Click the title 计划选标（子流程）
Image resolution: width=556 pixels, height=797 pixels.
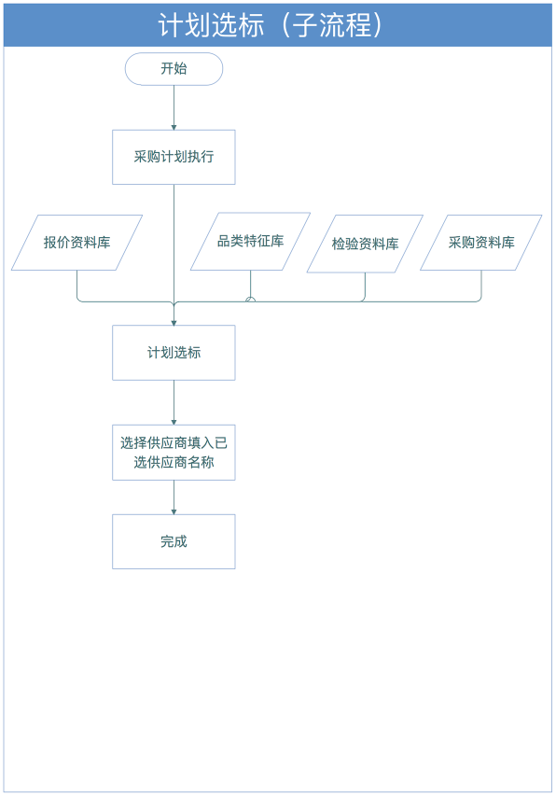(x=270, y=25)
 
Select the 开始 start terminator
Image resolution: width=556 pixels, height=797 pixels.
(x=174, y=69)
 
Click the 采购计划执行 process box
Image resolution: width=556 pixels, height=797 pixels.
(x=174, y=157)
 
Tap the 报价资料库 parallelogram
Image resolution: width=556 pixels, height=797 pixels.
(x=76, y=243)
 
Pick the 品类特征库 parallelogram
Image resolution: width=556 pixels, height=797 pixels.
(x=250, y=241)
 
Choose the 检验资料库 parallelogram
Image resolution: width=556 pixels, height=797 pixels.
(x=365, y=244)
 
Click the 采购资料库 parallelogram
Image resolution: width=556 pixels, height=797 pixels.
(x=480, y=243)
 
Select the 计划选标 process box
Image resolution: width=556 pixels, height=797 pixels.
(x=174, y=353)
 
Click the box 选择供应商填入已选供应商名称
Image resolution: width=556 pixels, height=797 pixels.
(x=174, y=453)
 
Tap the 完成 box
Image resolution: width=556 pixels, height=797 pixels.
(x=174, y=541)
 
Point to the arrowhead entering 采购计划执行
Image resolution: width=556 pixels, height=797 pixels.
(x=174, y=127)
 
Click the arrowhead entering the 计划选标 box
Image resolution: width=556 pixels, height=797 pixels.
(x=174, y=323)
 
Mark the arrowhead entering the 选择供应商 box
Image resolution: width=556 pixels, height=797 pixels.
(x=174, y=423)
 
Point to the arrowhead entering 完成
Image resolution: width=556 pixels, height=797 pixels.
(x=174, y=511)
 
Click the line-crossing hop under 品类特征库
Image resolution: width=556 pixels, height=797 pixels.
(x=250, y=300)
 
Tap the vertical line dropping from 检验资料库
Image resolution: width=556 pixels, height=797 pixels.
(x=365, y=286)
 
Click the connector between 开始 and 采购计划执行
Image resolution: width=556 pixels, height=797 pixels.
(x=174, y=107)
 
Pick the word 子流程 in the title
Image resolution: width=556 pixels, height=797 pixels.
(x=332, y=25)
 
